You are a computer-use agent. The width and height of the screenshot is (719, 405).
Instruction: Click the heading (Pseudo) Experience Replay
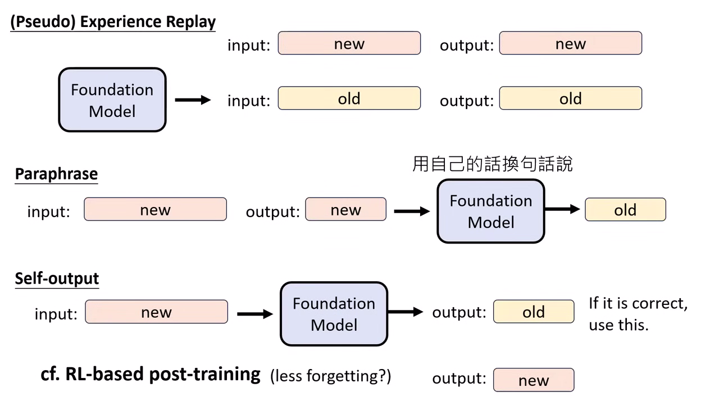pyautogui.click(x=112, y=22)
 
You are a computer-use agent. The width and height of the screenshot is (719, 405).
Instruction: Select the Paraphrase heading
pyautogui.click(x=56, y=174)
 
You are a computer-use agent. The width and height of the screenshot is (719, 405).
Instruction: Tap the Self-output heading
pyautogui.click(x=57, y=278)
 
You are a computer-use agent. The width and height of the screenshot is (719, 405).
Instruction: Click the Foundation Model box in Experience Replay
pyautogui.click(x=112, y=100)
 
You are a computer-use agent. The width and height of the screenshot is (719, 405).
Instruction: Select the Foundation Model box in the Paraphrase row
pyautogui.click(x=490, y=211)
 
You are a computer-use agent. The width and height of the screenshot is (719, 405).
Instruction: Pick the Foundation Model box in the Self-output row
pyautogui.click(x=334, y=314)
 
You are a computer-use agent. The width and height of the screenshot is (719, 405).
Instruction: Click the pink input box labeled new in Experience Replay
pyautogui.click(x=349, y=43)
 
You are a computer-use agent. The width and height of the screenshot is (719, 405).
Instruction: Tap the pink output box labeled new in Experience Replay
pyautogui.click(x=570, y=43)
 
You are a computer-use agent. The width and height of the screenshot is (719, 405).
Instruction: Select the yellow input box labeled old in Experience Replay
pyautogui.click(x=349, y=98)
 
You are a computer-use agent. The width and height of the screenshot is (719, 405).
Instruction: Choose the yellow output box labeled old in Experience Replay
pyautogui.click(x=570, y=98)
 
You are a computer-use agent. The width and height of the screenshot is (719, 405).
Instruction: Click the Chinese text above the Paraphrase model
pyautogui.click(x=492, y=164)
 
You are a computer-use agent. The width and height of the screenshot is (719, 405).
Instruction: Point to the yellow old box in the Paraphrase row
pyautogui.click(x=625, y=210)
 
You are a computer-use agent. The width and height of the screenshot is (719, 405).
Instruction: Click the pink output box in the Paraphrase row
pyautogui.click(x=345, y=210)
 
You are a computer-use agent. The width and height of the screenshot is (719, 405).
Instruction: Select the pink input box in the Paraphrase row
pyautogui.click(x=155, y=210)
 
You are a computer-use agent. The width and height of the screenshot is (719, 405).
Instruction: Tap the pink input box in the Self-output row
pyautogui.click(x=156, y=312)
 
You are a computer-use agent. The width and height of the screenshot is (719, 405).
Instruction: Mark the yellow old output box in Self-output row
pyautogui.click(x=534, y=312)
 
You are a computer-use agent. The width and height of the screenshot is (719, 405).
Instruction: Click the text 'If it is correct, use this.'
pyautogui.click(x=638, y=314)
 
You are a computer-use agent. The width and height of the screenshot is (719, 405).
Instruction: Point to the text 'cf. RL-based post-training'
pyautogui.click(x=151, y=374)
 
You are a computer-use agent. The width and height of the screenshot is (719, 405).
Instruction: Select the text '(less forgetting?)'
pyautogui.click(x=330, y=376)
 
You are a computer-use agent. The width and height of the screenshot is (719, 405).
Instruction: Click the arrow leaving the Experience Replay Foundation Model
pyautogui.click(x=193, y=100)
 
